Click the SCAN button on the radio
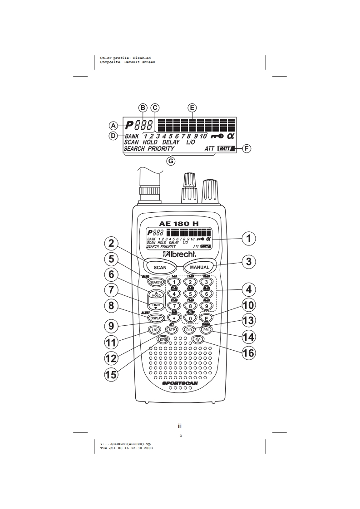tap(160, 267)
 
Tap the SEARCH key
tap(156, 282)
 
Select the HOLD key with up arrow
tap(156, 294)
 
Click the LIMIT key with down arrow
tap(156, 305)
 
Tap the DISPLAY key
tap(155, 318)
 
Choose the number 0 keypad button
tap(190, 318)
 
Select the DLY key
tap(190, 330)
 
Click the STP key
tap(172, 330)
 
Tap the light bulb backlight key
tap(197, 339)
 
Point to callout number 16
tap(248, 352)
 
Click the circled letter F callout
tap(246, 148)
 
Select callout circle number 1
tap(248, 238)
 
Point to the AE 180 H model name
tap(179, 223)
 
